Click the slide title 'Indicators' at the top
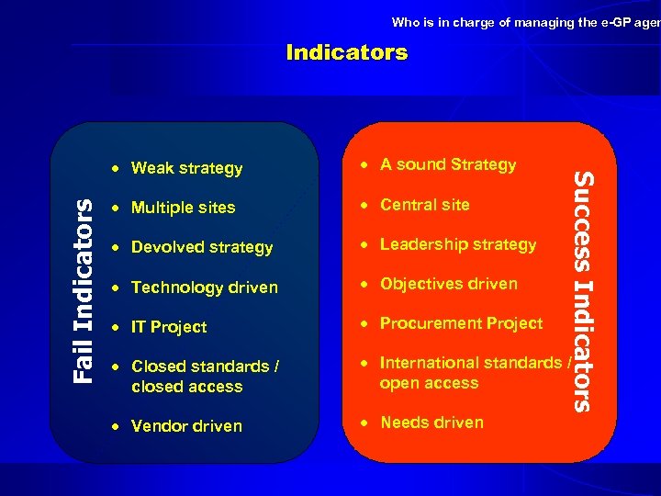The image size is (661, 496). point(346,52)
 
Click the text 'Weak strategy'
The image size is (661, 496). point(186,168)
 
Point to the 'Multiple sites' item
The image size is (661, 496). point(183,208)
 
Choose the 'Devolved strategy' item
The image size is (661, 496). point(202,247)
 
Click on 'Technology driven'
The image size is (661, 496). point(204,287)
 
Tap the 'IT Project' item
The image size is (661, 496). point(169,327)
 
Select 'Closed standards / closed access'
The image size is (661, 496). point(205,377)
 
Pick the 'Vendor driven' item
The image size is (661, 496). point(186,426)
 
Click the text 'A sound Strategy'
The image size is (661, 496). point(448,164)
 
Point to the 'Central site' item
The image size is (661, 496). point(424,204)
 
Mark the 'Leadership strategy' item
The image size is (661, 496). point(457,244)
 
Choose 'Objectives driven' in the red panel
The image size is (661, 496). point(448,284)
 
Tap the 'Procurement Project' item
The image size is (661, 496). point(461,323)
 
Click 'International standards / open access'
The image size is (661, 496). point(475,373)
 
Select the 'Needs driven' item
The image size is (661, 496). point(431,423)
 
